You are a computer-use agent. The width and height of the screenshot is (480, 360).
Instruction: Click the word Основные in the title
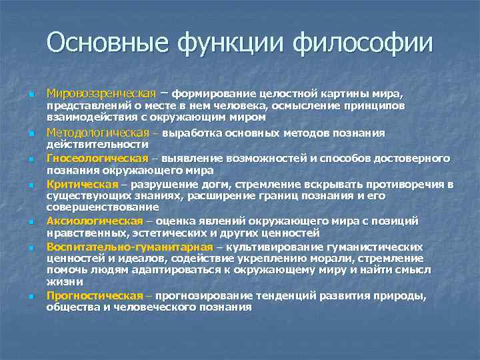click(98, 43)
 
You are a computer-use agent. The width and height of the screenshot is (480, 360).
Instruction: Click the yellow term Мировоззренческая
click(101, 91)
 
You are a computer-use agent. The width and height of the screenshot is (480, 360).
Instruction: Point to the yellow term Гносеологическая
click(97, 158)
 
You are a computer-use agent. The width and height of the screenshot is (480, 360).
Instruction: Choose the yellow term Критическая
click(81, 184)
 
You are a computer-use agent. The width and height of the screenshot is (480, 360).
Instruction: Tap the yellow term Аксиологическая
click(94, 221)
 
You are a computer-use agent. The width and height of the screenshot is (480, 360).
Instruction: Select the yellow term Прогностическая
click(95, 295)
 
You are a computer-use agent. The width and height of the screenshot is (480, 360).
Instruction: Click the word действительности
click(97, 145)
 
